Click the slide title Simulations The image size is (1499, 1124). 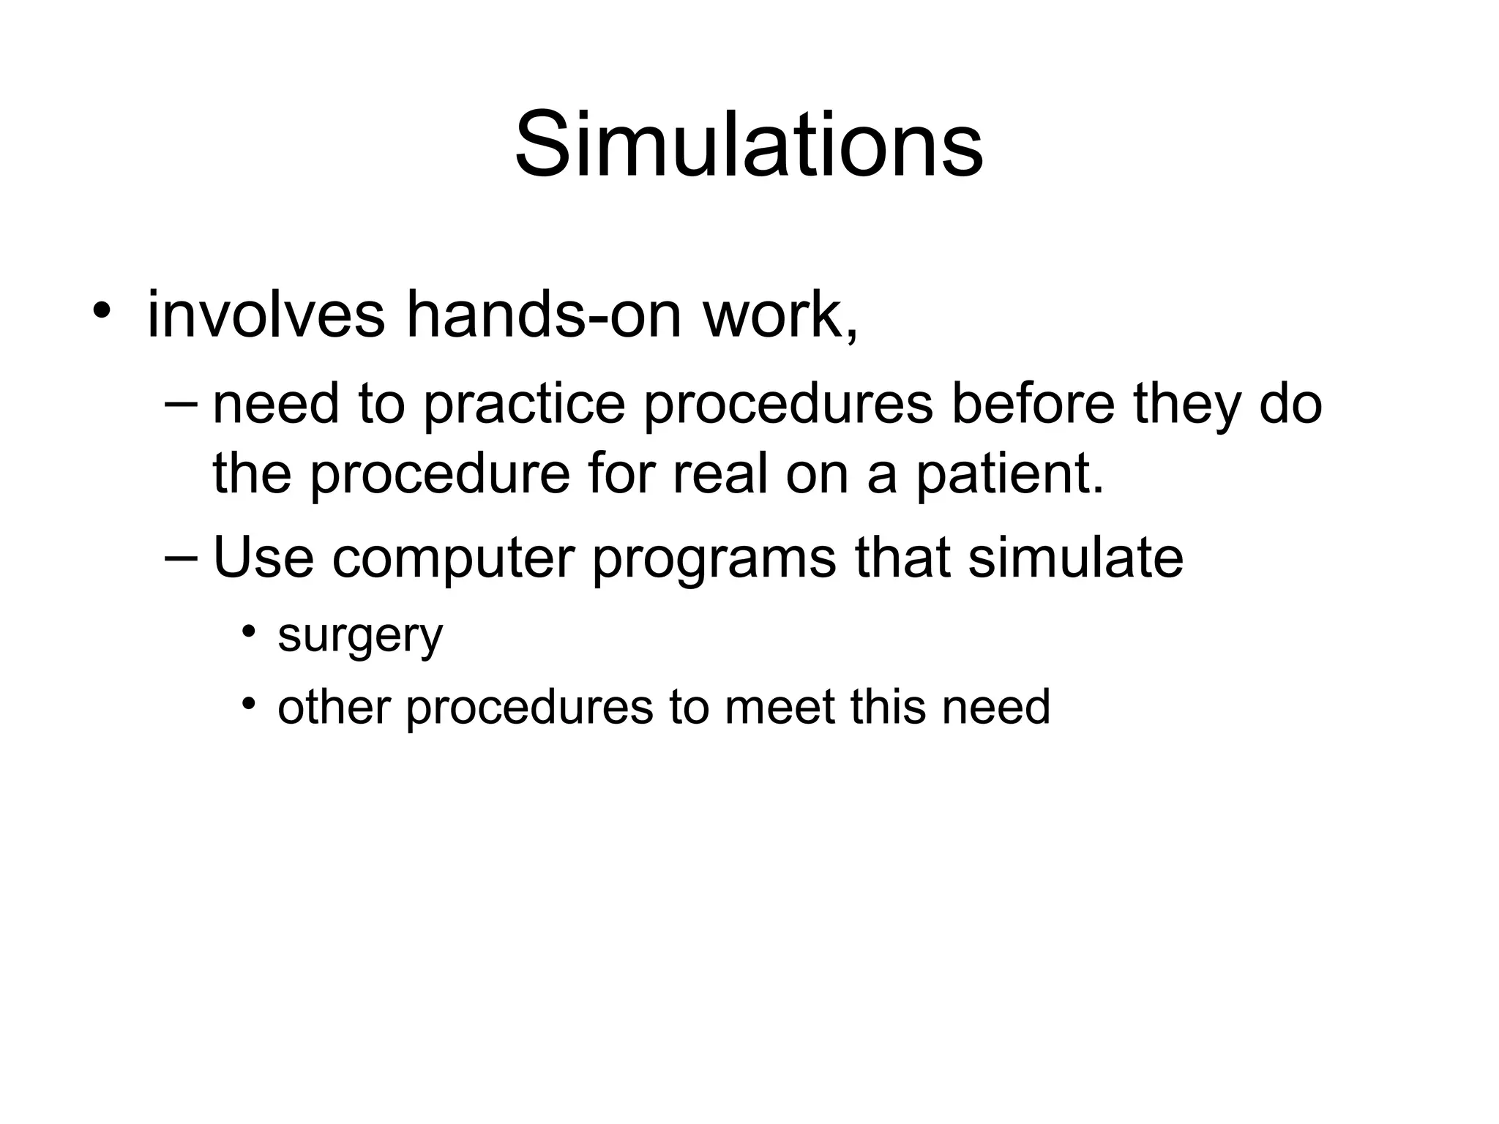(749, 144)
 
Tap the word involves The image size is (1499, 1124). (266, 315)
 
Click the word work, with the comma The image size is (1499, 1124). (781, 315)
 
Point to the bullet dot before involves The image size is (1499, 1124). (102, 310)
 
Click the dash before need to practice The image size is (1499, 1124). (182, 403)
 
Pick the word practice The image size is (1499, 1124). (525, 406)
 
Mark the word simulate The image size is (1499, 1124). (1075, 558)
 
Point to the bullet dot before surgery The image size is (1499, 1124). (250, 631)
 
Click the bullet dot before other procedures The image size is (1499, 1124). (250, 704)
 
